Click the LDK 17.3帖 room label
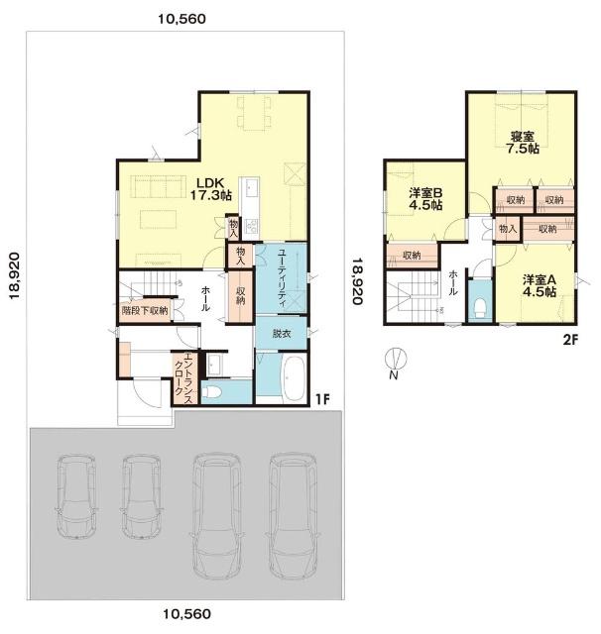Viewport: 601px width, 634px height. point(211,189)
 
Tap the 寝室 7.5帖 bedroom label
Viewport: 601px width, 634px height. point(523,143)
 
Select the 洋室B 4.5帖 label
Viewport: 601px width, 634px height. point(424,198)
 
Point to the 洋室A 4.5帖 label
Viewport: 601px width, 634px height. point(540,285)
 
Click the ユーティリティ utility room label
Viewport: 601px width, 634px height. point(282,279)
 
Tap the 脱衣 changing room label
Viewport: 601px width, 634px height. point(282,334)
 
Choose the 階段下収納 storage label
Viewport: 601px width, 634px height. point(145,310)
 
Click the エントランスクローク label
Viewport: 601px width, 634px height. point(182,379)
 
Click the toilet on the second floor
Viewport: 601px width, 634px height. point(480,308)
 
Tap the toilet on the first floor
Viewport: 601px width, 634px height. point(211,391)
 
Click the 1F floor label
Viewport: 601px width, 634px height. point(322,399)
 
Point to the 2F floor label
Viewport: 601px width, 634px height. point(570,340)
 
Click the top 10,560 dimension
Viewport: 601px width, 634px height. point(181,19)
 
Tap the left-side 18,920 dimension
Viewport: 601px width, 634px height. point(14,275)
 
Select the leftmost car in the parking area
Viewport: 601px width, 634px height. point(76,497)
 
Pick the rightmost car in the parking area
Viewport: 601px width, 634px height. point(294,516)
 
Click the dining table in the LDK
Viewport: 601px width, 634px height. point(254,113)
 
